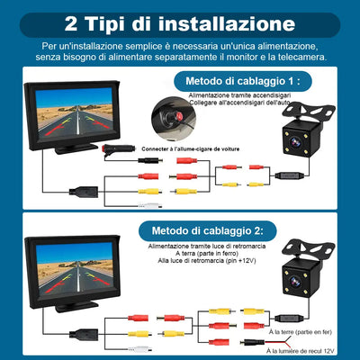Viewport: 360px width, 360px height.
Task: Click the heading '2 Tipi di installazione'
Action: click(x=180, y=21)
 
